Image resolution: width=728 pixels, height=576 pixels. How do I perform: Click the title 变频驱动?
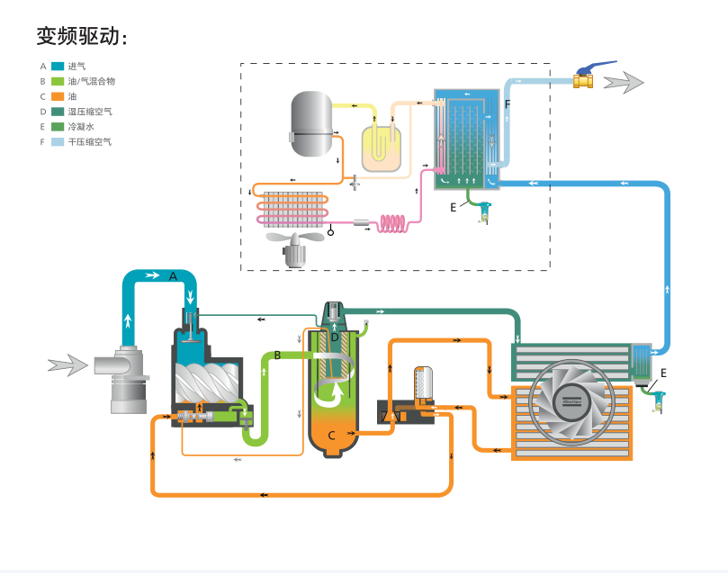[81, 35]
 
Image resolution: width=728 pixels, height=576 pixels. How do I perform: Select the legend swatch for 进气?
[58, 66]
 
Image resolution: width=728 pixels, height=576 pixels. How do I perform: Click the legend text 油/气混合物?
[91, 81]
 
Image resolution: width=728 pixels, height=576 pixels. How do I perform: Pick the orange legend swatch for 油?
[58, 96]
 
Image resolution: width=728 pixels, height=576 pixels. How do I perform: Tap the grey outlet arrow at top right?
[624, 83]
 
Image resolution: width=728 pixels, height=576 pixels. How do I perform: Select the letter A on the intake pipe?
[174, 276]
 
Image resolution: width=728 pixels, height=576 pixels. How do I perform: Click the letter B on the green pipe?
[278, 355]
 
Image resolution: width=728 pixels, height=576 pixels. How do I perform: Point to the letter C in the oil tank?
[332, 436]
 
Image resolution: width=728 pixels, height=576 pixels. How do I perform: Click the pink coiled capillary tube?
[396, 222]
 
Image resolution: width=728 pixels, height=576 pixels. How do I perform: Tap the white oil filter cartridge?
[422, 384]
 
